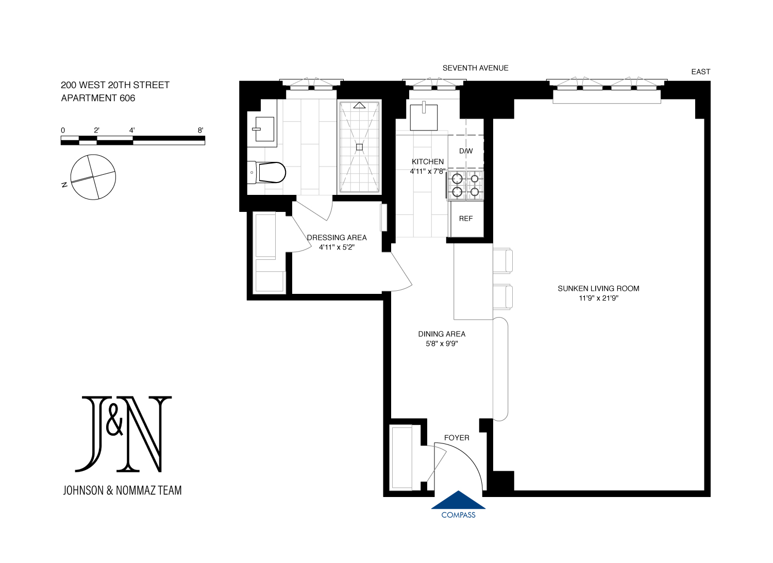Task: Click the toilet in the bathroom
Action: click(x=266, y=173)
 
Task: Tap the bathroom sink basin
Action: click(x=264, y=129)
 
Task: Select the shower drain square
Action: click(x=359, y=147)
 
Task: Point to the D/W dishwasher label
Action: click(x=466, y=151)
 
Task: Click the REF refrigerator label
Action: click(x=465, y=219)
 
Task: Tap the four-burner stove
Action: click(x=465, y=186)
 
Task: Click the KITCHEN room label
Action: click(x=428, y=161)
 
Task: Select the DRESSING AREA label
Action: click(x=337, y=238)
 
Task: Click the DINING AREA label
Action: click(x=442, y=334)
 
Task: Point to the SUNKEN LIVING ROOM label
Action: click(x=598, y=288)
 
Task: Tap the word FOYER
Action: click(x=457, y=438)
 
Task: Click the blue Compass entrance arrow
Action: click(x=458, y=501)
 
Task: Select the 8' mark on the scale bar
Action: click(x=200, y=130)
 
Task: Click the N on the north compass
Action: click(x=64, y=185)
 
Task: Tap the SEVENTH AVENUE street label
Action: click(x=475, y=68)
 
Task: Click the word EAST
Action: click(x=700, y=72)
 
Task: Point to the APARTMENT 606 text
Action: click(x=98, y=98)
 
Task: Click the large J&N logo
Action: click(x=123, y=434)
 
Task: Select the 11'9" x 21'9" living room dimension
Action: click(x=598, y=298)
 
